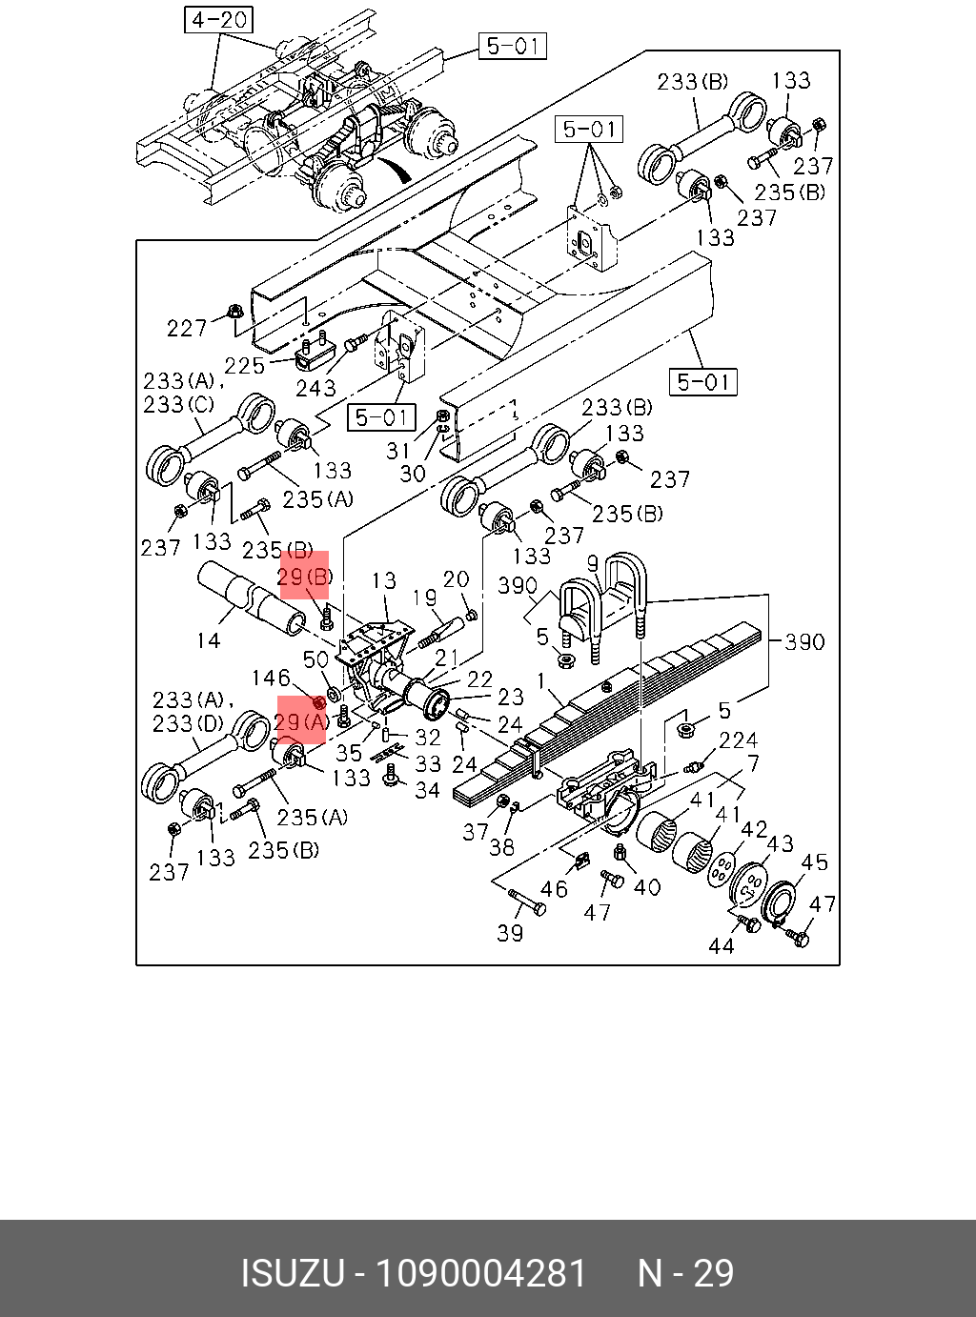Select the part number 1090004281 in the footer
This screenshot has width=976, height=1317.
(481, 1273)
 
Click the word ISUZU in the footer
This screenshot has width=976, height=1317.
(292, 1273)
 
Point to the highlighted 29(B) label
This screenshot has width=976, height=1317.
(304, 577)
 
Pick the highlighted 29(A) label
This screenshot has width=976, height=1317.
(301, 722)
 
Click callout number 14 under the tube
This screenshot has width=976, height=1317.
(208, 640)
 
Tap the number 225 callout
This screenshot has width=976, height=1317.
(244, 366)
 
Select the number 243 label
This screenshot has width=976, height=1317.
(315, 388)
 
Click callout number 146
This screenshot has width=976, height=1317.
(271, 678)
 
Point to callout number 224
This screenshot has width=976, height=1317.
(738, 740)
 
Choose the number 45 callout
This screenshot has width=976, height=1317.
(814, 862)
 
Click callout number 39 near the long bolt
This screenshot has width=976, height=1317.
(510, 933)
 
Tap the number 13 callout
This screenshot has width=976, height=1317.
(383, 580)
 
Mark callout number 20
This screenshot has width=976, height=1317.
(456, 579)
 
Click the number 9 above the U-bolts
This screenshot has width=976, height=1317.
(592, 564)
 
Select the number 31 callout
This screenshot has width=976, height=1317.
(397, 451)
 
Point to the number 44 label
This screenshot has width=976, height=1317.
(721, 945)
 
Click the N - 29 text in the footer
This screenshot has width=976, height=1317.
(685, 1273)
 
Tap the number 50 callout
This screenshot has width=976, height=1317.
(315, 659)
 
